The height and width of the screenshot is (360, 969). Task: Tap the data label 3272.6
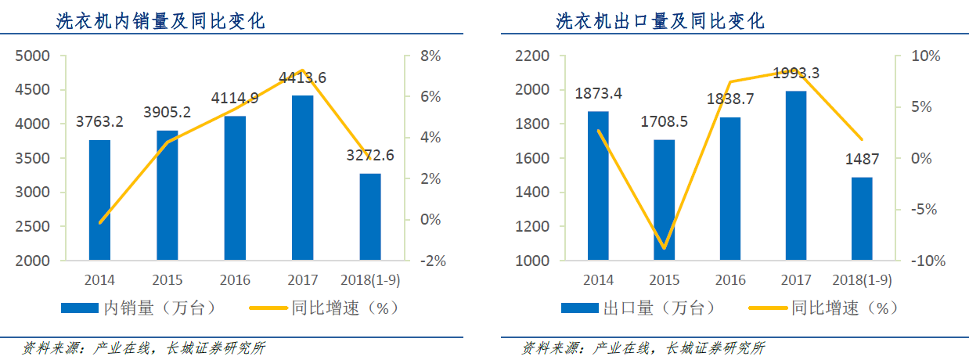[370, 156]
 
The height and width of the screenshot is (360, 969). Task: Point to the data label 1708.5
[665, 122]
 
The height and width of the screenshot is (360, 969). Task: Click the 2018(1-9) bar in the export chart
[862, 218]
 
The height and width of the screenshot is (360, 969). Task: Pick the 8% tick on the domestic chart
[431, 56]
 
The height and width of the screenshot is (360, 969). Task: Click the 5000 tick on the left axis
[33, 56]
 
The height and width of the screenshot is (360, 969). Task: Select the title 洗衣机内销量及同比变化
[160, 22]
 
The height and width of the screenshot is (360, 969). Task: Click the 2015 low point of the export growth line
[665, 248]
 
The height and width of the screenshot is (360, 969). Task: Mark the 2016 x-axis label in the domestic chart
[235, 280]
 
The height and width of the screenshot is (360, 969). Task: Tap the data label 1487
[861, 159]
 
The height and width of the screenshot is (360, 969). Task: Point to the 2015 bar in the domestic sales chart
[168, 195]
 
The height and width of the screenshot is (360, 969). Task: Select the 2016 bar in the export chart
[730, 189]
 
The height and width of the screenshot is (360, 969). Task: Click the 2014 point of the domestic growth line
[100, 222]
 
